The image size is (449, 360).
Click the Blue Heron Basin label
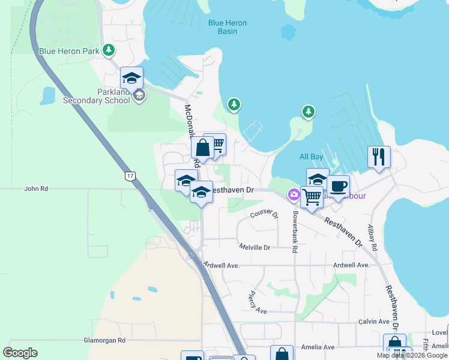(x=228, y=27)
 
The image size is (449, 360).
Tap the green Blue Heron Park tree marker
(x=109, y=50)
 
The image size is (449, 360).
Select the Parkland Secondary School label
(x=97, y=96)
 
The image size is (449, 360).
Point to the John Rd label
(x=35, y=188)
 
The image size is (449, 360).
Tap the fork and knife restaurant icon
(x=379, y=157)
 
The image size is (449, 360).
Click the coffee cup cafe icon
(x=338, y=187)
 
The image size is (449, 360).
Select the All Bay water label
(x=312, y=157)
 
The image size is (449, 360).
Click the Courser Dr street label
(x=265, y=214)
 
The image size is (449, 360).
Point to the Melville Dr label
(x=255, y=247)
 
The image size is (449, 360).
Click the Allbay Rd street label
(x=372, y=238)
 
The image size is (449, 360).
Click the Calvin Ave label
(x=374, y=322)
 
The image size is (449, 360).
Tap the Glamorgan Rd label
(x=104, y=340)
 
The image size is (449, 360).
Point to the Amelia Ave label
(x=321, y=347)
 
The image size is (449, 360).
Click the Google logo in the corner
(x=20, y=353)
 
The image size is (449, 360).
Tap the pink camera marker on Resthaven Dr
(x=294, y=194)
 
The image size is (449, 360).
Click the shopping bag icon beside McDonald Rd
(x=202, y=147)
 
